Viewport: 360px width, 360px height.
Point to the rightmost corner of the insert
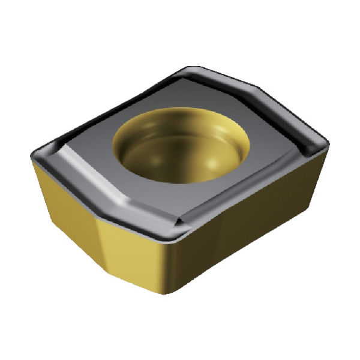(328, 143)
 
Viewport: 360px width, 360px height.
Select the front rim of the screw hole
(180, 180)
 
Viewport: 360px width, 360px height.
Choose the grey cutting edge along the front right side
(252, 192)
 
